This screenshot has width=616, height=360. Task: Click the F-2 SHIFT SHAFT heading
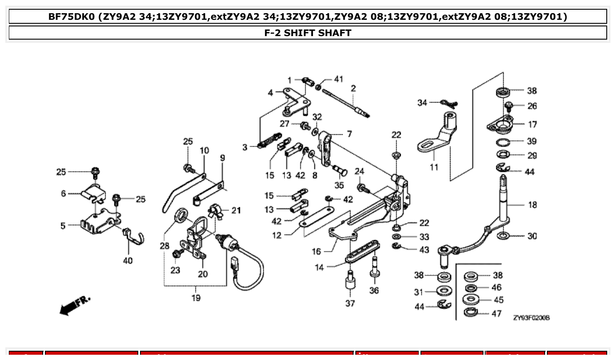307,33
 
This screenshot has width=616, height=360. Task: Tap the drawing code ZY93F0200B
531,318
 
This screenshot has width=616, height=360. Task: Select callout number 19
196,298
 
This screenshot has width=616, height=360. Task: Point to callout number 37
350,303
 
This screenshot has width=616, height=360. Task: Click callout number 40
127,261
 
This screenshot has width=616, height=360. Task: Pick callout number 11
434,167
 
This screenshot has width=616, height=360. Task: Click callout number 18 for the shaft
532,205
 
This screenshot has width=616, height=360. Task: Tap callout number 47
497,314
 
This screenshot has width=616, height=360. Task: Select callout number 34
422,103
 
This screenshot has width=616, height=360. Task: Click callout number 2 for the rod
353,89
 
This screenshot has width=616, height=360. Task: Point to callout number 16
317,252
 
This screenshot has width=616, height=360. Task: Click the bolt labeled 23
179,253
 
